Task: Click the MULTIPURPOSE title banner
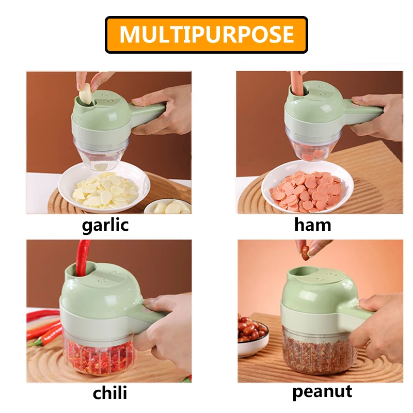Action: [x=206, y=35]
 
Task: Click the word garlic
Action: [x=105, y=225]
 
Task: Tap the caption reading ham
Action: [x=312, y=225]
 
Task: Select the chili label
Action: [x=109, y=392]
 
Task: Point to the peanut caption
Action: [x=322, y=391]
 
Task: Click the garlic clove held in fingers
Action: [x=85, y=95]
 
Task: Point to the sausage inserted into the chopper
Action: [x=295, y=85]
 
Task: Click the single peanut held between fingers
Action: [x=306, y=251]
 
